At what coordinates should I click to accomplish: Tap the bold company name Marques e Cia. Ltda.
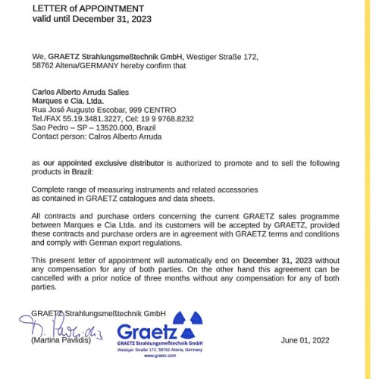[68, 100]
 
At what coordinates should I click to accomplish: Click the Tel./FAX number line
[113, 118]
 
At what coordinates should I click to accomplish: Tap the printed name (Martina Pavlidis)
[62, 342]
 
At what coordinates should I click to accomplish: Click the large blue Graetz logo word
[147, 331]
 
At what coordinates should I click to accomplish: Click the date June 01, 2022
[305, 340]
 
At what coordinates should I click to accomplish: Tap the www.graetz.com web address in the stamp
[157, 354]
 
